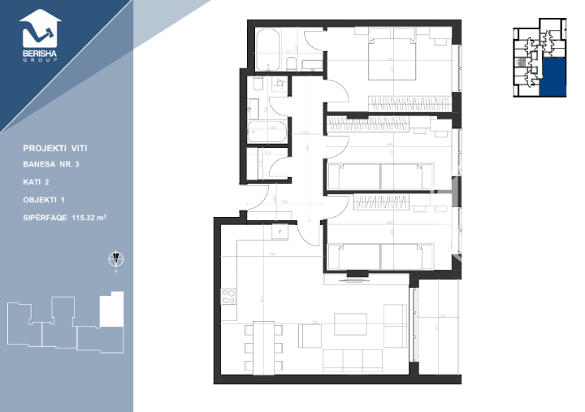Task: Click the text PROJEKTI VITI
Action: [x=55, y=149]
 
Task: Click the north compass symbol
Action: [x=116, y=259]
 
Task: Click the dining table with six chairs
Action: [x=263, y=347]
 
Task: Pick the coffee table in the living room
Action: [x=350, y=323]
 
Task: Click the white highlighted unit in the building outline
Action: [x=110, y=310]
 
